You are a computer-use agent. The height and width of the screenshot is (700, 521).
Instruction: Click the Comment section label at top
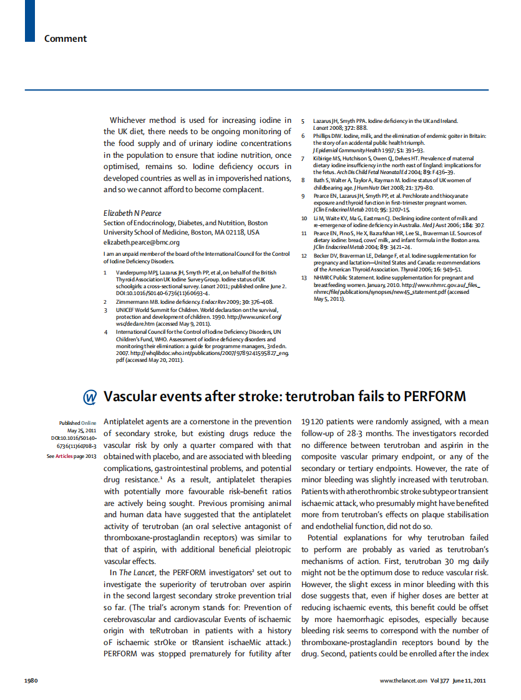[x=65, y=39]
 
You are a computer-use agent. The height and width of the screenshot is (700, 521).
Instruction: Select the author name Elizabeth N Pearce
[x=132, y=213]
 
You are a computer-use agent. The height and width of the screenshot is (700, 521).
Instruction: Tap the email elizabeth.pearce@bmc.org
[x=141, y=242]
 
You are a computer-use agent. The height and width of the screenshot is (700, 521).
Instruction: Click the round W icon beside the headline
[x=90, y=397]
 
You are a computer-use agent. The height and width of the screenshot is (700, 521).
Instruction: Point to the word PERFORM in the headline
[x=432, y=397]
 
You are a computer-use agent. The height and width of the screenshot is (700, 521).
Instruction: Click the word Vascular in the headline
[x=132, y=397]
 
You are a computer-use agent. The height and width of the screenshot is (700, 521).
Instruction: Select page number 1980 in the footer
[x=32, y=680]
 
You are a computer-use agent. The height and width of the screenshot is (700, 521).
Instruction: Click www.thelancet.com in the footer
[x=403, y=680]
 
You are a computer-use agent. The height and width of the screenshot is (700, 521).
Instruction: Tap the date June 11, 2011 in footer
[x=469, y=680]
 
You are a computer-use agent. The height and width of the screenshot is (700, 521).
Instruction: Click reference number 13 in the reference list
[x=304, y=278]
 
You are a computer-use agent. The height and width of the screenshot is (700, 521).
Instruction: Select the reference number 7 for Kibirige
[x=303, y=158]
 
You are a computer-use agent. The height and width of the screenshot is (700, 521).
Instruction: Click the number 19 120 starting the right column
[x=316, y=422]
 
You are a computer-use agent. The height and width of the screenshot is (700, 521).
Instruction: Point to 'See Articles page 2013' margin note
[x=72, y=456]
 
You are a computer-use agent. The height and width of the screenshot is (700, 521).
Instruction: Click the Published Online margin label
[x=77, y=423]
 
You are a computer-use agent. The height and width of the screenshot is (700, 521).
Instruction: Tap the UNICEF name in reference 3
[x=126, y=309]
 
